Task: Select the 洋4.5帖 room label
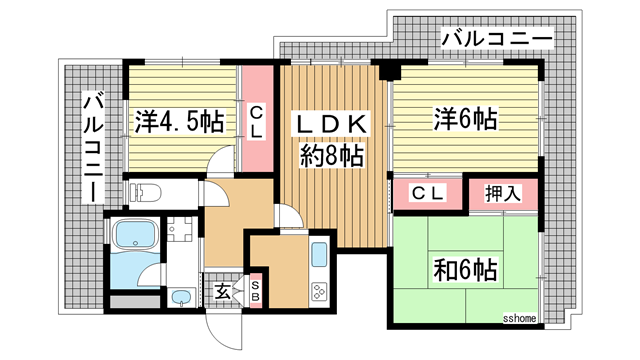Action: (x=179, y=122)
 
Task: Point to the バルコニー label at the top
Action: (x=496, y=41)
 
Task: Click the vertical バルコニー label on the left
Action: (x=91, y=146)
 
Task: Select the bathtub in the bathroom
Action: (x=133, y=237)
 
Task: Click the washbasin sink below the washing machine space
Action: (x=181, y=298)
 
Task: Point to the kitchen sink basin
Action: (x=320, y=254)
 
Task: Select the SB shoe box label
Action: (x=256, y=292)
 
